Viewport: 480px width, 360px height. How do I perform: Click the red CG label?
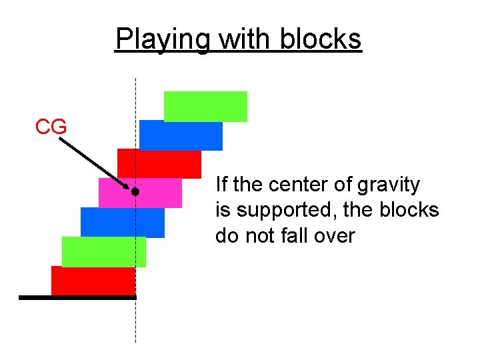point(51,126)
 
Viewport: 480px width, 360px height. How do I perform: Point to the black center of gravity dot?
point(135,192)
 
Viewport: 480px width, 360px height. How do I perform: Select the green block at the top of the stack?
point(205,106)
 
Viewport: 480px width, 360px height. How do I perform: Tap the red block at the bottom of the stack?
point(93,280)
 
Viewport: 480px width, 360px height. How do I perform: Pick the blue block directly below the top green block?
point(181,135)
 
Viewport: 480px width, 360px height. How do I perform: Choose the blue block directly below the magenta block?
point(122,222)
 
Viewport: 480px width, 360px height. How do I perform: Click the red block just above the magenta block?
point(159,163)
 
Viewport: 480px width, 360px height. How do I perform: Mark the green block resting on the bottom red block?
point(103,251)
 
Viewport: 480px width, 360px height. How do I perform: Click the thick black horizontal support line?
point(77,297)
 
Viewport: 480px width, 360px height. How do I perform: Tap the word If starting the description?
point(221,184)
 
